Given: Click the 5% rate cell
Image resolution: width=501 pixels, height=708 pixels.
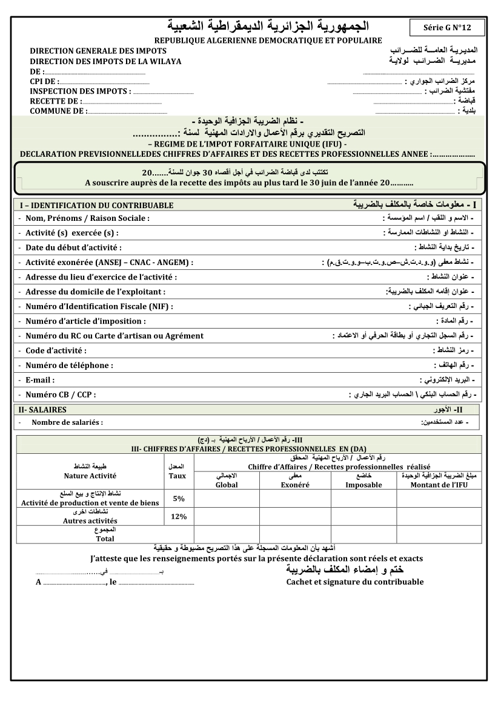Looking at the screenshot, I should (x=179, y=499).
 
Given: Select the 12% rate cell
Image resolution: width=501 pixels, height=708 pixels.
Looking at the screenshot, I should (x=179, y=516).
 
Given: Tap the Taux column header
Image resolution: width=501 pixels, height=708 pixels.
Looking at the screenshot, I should (x=179, y=476).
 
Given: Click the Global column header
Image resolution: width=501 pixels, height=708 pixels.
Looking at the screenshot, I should (x=227, y=485).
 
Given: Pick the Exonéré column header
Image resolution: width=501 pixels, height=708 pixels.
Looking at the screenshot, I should (x=295, y=485).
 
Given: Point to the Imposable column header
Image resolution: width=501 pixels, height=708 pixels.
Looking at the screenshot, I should (x=363, y=485).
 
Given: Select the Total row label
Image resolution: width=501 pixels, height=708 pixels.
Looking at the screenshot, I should (x=105, y=538).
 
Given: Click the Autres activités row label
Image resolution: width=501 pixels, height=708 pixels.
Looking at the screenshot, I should (x=90, y=520).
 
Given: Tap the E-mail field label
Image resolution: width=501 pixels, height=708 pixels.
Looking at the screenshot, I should (x=40, y=380).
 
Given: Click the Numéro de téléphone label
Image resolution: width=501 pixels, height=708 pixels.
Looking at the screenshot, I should (x=69, y=365).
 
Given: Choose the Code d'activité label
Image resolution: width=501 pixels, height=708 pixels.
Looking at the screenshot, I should (x=56, y=350).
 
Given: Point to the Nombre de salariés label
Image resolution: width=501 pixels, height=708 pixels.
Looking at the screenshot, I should (x=67, y=422).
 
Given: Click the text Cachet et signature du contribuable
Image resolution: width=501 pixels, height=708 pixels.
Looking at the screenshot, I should (x=355, y=582).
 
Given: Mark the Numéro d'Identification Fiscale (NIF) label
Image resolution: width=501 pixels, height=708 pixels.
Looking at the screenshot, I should (x=99, y=306).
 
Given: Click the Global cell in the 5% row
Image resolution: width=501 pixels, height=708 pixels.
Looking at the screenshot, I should (x=227, y=499).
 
